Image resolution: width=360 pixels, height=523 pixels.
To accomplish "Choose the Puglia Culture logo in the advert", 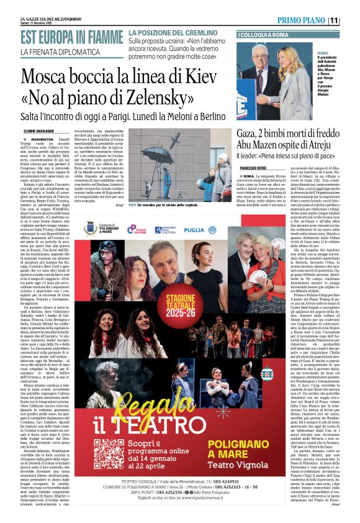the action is [136, 229].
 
